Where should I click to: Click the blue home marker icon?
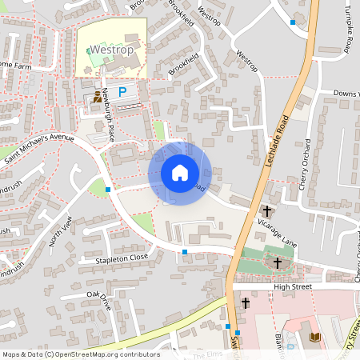click(180, 173)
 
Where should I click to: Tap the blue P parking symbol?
click(122, 93)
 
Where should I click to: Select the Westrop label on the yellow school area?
click(110, 50)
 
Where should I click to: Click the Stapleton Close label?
click(122, 258)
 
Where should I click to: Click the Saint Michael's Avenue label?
click(38, 149)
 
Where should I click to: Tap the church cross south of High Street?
click(246, 303)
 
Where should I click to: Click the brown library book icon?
click(314, 337)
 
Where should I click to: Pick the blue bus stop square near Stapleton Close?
click(185, 252)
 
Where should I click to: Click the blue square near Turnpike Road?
click(293, 22)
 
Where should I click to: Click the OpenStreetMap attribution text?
click(80, 354)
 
